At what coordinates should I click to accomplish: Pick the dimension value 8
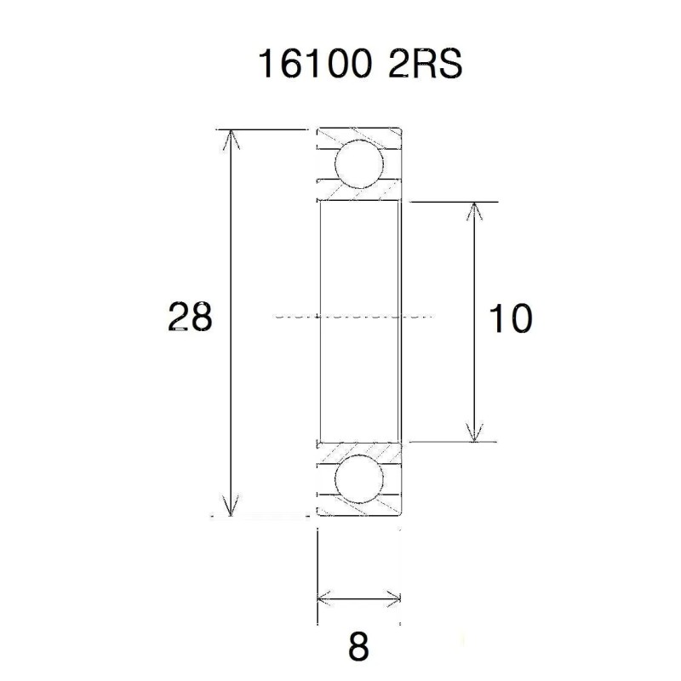[358, 648]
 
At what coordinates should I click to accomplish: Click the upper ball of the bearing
[358, 165]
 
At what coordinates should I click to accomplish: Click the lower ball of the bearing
[358, 479]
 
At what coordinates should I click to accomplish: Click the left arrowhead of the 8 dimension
[323, 597]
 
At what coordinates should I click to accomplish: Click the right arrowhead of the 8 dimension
[392, 597]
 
